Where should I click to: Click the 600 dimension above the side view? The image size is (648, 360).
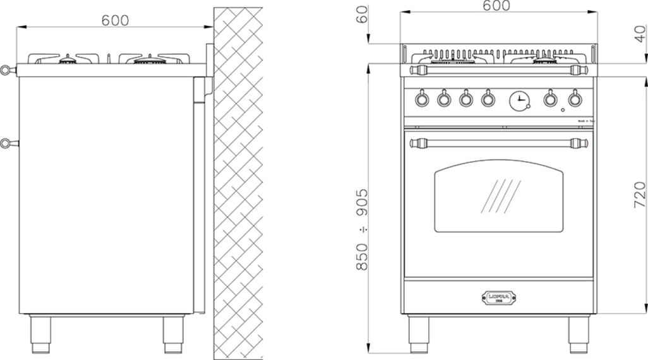(115, 20)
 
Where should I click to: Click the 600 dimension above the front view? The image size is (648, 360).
(496, 6)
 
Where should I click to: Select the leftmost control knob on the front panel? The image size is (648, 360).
(421, 99)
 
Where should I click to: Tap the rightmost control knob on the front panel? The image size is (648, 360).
(573, 99)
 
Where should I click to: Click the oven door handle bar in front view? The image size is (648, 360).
(496, 143)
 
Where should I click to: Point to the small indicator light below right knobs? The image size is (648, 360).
(562, 111)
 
